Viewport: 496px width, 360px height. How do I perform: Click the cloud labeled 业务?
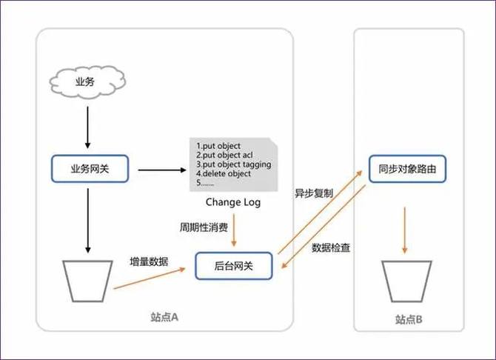click(x=86, y=81)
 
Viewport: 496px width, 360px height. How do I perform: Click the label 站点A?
click(x=165, y=317)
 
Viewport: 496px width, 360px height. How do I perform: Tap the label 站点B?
click(x=409, y=319)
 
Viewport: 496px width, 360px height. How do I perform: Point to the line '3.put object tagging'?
click(x=233, y=164)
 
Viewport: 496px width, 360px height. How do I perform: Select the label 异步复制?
click(x=314, y=193)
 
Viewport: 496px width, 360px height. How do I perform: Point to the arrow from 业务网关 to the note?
click(x=161, y=170)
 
